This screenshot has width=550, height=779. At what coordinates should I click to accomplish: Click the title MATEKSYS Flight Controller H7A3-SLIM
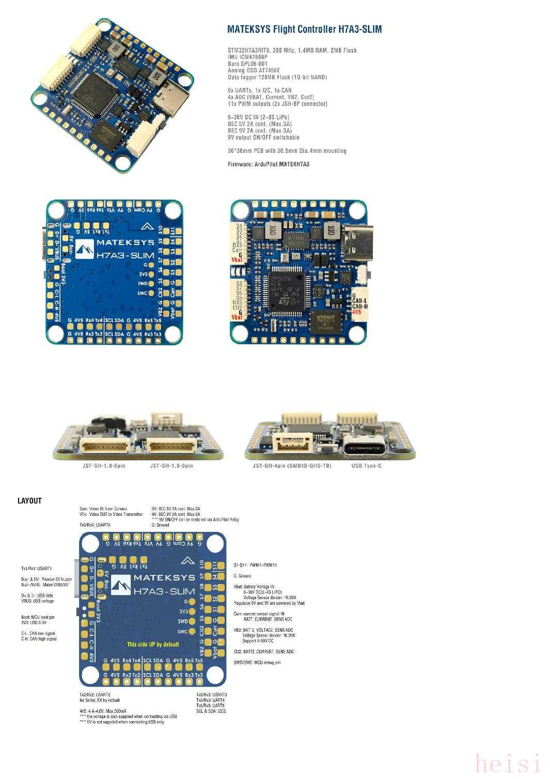(304, 29)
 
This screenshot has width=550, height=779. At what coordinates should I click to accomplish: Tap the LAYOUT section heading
(29, 500)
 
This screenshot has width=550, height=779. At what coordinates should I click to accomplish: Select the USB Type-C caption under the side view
(366, 466)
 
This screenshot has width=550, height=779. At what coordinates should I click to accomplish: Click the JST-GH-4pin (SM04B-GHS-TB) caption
(292, 466)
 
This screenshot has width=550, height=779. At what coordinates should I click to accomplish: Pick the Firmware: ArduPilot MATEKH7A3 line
(269, 164)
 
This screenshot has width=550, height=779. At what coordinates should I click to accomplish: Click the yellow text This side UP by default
(153, 644)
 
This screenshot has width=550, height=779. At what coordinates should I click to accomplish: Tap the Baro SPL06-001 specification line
(248, 64)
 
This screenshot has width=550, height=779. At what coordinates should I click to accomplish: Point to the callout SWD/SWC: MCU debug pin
(257, 662)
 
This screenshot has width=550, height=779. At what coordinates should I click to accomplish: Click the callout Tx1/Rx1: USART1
(37, 569)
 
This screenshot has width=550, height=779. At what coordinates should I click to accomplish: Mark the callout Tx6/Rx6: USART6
(95, 525)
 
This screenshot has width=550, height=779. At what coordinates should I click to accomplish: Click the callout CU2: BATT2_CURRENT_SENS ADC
(263, 651)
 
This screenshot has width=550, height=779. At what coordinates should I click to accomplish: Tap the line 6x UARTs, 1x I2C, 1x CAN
(259, 90)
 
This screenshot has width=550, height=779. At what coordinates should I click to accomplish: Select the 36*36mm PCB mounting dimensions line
(287, 151)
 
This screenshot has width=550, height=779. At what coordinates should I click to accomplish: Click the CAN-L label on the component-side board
(359, 300)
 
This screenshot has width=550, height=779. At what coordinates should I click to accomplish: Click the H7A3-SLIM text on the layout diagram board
(164, 591)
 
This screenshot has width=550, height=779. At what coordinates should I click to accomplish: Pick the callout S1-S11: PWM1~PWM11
(255, 565)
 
